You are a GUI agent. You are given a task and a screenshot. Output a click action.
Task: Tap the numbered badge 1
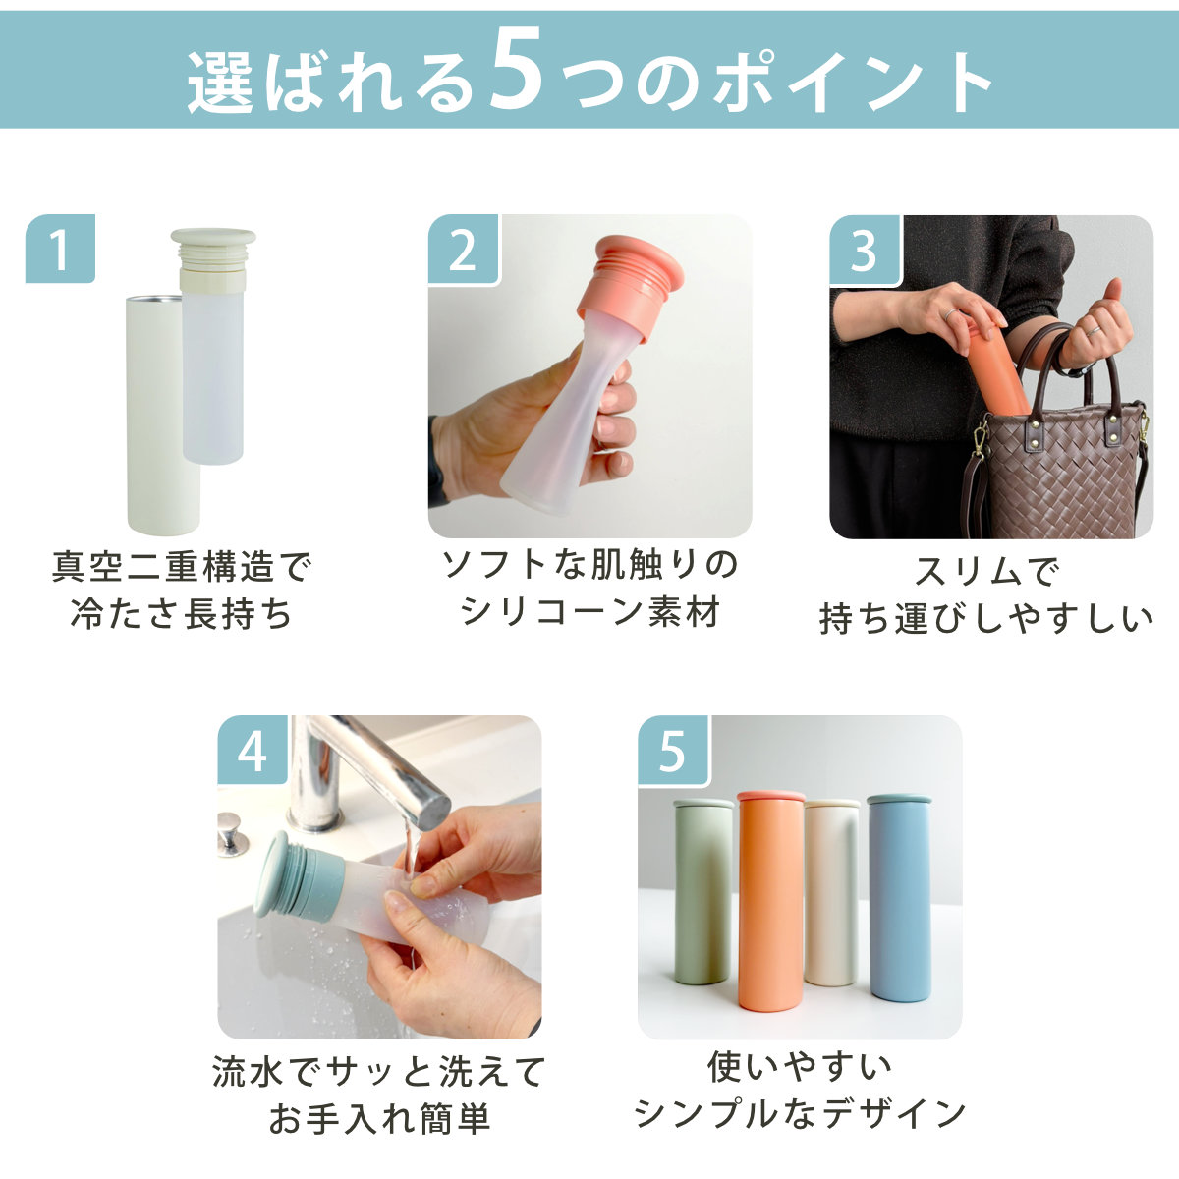(60, 249)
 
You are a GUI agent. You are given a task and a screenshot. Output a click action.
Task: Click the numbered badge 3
(865, 250)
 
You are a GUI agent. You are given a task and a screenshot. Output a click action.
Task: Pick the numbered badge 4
(253, 750)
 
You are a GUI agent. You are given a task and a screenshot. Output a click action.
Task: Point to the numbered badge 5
(672, 750)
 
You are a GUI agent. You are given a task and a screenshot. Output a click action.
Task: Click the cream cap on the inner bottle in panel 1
(213, 258)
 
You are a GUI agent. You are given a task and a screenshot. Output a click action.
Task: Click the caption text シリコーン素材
(590, 611)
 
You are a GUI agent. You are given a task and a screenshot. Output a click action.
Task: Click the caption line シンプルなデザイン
(800, 1113)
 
